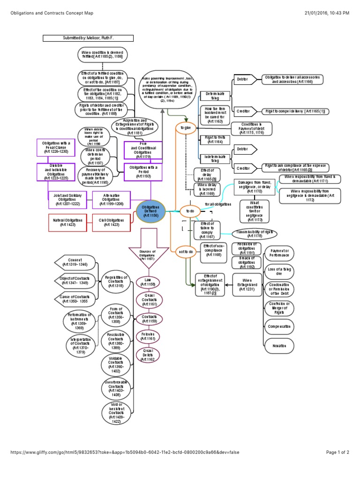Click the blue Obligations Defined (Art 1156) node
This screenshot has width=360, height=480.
tap(152, 210)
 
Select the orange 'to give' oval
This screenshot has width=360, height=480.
tap(186, 127)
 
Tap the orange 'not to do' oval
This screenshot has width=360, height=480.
tap(187, 252)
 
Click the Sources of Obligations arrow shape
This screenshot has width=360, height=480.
tap(147, 254)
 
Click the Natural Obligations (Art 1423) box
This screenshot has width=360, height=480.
tap(67, 222)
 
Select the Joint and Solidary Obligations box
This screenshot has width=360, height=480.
tap(67, 200)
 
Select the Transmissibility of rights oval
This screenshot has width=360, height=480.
tap(255, 233)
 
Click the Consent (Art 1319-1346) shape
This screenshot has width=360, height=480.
tap(75, 262)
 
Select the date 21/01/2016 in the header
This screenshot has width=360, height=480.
tap(310, 13)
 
